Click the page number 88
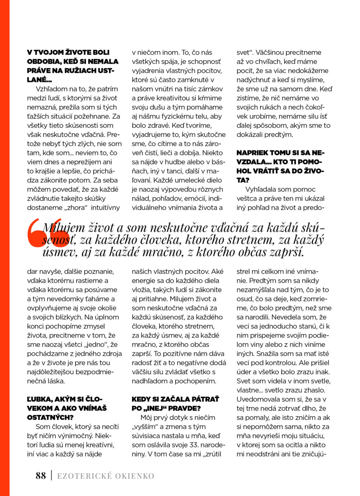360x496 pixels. (x=41, y=475)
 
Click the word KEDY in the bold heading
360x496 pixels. (x=142, y=399)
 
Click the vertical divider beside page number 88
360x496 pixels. (x=51, y=475)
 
